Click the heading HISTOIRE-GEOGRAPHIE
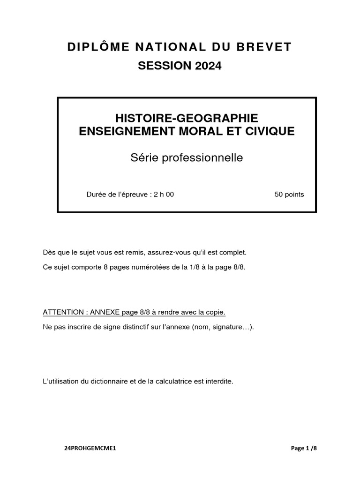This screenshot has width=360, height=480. tap(187, 117)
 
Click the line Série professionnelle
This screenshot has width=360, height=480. tap(187, 157)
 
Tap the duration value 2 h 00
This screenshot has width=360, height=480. tap(163, 195)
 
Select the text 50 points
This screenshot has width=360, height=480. tap(289, 195)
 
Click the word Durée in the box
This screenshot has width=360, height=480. tap(97, 195)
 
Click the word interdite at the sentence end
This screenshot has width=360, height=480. tap(217, 382)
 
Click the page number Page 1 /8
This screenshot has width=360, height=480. tap(304, 448)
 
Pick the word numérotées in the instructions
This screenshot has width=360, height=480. tap(138, 267)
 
